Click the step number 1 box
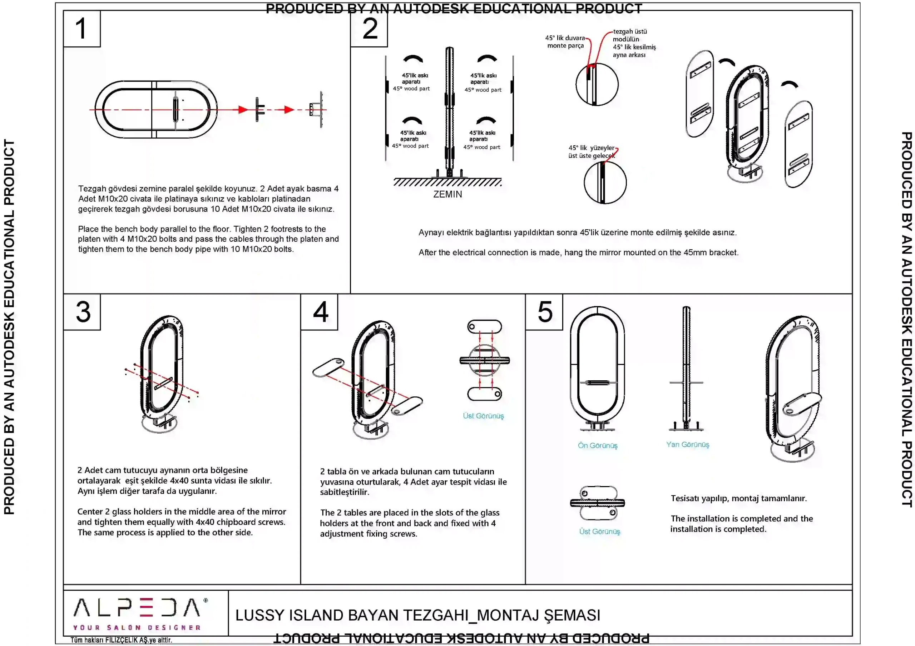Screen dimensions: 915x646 [x=82, y=29]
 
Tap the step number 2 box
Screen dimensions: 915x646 [x=369, y=29]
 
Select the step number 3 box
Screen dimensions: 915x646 [x=82, y=312]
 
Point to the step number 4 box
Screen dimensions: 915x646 [x=319, y=312]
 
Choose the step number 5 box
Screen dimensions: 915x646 [x=544, y=312]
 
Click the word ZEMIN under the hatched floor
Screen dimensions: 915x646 [x=447, y=194]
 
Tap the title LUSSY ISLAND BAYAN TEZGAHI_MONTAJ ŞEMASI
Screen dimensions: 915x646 [x=418, y=615]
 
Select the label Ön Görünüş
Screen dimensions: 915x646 [x=597, y=445]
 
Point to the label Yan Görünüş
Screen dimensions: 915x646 [x=687, y=445]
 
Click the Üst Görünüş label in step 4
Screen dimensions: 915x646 [x=483, y=416]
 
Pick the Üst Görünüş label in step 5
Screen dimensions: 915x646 [x=599, y=531]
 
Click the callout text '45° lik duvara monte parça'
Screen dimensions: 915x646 [x=565, y=42]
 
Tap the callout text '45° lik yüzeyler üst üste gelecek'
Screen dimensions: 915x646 [x=592, y=152]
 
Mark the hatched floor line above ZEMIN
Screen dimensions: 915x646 [x=447, y=182]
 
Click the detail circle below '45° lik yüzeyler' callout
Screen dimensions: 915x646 [x=605, y=182]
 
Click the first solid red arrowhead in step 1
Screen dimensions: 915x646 [x=243, y=110]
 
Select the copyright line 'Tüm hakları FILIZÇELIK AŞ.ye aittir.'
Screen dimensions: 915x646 [x=121, y=640]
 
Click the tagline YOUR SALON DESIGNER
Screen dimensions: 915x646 [x=137, y=628]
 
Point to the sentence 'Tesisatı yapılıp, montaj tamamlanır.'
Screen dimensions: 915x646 [x=738, y=498]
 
